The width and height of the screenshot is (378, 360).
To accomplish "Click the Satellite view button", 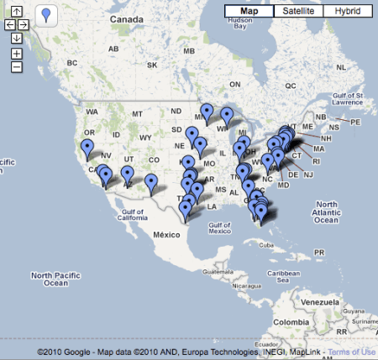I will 298,11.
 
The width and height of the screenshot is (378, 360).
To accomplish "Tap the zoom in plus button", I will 17,54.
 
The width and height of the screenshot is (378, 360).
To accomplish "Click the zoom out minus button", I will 17,66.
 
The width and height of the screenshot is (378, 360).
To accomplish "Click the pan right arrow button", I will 24,25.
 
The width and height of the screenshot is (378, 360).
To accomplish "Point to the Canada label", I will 129,18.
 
